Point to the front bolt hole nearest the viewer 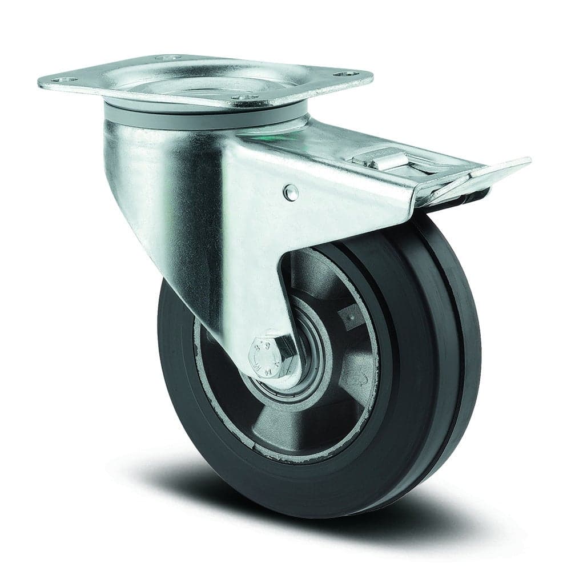[245, 98]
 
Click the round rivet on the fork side [291, 192]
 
